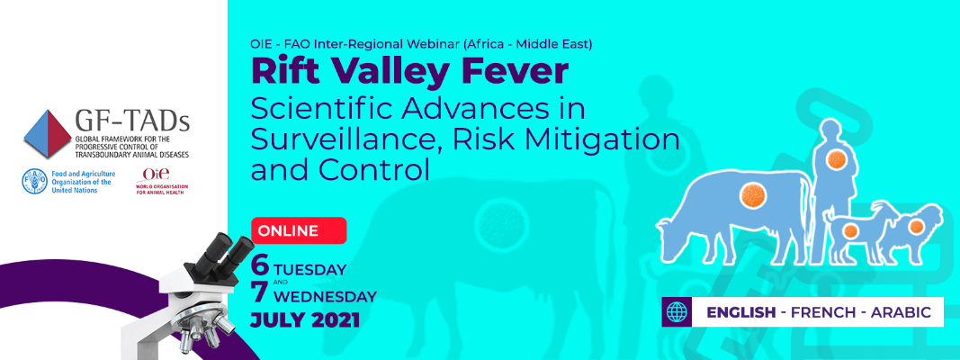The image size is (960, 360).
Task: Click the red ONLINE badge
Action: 298,231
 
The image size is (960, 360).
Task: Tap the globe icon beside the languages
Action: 677,312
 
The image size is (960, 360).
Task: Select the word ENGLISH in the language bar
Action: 741,312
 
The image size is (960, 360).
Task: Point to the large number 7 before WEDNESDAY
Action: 260,293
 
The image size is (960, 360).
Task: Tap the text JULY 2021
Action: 305,319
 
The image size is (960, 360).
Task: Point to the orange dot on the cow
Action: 749,193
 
